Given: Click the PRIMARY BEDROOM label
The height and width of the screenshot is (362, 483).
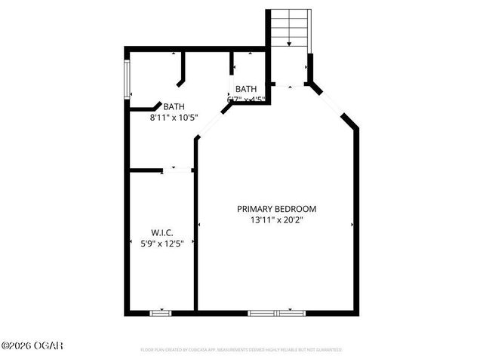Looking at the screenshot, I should [x=276, y=209].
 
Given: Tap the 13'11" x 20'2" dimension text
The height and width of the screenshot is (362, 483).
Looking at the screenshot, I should [x=276, y=220].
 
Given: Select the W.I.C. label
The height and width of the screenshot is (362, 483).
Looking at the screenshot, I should [x=163, y=232].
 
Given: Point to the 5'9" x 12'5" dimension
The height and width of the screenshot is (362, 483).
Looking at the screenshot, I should [x=163, y=243].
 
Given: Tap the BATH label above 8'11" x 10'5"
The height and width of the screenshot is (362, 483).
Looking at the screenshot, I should [x=174, y=107].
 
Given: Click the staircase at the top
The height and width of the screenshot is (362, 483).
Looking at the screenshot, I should [x=289, y=30].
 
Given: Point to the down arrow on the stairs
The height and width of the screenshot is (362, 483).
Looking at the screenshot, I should [x=289, y=44].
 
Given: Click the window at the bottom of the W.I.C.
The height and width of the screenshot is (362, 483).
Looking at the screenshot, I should [x=160, y=311].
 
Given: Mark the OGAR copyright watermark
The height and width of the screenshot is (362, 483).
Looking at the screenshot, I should [x=32, y=345].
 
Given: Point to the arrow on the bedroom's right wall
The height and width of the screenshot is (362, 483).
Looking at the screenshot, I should [x=352, y=225].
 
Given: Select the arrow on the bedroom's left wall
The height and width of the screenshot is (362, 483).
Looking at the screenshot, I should [x=199, y=225].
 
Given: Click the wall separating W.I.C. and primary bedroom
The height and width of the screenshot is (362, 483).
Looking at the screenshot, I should [x=195, y=241].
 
